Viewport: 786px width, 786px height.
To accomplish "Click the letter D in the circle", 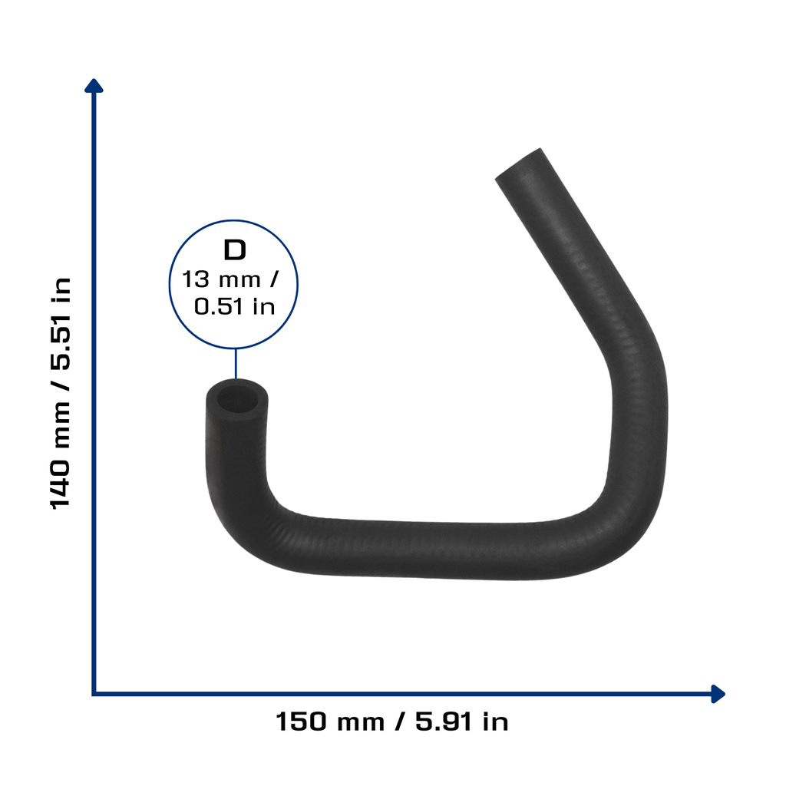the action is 235,250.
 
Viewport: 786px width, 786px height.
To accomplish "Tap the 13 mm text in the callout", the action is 220,279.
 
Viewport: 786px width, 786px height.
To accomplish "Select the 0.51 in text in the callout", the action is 235,306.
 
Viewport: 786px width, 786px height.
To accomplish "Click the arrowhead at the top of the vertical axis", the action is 94,86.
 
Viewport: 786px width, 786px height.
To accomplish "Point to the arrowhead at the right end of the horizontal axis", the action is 718,694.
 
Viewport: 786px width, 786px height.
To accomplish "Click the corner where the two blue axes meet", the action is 94,694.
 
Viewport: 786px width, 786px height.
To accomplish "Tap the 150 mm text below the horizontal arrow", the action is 330,722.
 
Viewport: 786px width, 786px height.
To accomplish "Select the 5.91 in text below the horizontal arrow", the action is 461,722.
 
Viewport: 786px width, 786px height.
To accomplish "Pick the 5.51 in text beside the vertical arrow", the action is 61,323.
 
